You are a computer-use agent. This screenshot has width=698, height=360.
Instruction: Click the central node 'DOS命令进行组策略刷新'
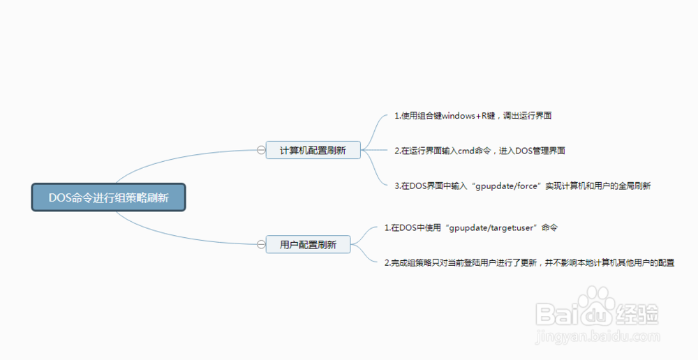tap(108, 197)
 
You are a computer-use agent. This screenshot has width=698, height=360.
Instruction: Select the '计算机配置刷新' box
tap(313, 150)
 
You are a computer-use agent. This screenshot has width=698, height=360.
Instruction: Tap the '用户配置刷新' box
tap(308, 244)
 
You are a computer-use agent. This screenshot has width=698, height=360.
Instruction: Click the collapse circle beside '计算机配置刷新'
tap(261, 150)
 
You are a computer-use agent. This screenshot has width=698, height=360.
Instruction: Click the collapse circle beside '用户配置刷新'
tap(261, 244)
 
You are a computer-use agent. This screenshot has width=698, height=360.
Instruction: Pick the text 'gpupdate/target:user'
tap(491, 228)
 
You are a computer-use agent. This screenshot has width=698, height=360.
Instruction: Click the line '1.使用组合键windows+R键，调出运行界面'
tap(473, 116)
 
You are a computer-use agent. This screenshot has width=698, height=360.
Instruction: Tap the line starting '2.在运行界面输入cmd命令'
tap(480, 151)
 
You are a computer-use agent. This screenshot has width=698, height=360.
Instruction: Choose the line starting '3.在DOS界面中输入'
tap(523, 186)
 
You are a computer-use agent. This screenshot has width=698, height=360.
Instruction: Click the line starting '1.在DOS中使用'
tap(471, 228)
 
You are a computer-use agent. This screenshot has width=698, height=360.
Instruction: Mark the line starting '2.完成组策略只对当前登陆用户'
tap(529, 262)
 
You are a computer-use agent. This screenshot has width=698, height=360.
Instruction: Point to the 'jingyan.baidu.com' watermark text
tap(597, 336)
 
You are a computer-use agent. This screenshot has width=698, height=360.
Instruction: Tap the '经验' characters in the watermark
tap(637, 314)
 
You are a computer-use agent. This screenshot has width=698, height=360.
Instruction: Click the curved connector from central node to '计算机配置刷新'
tap(178, 157)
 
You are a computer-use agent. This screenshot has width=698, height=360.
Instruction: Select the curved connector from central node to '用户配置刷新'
tap(178, 237)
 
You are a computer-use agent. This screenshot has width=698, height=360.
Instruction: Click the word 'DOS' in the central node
tap(59, 197)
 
